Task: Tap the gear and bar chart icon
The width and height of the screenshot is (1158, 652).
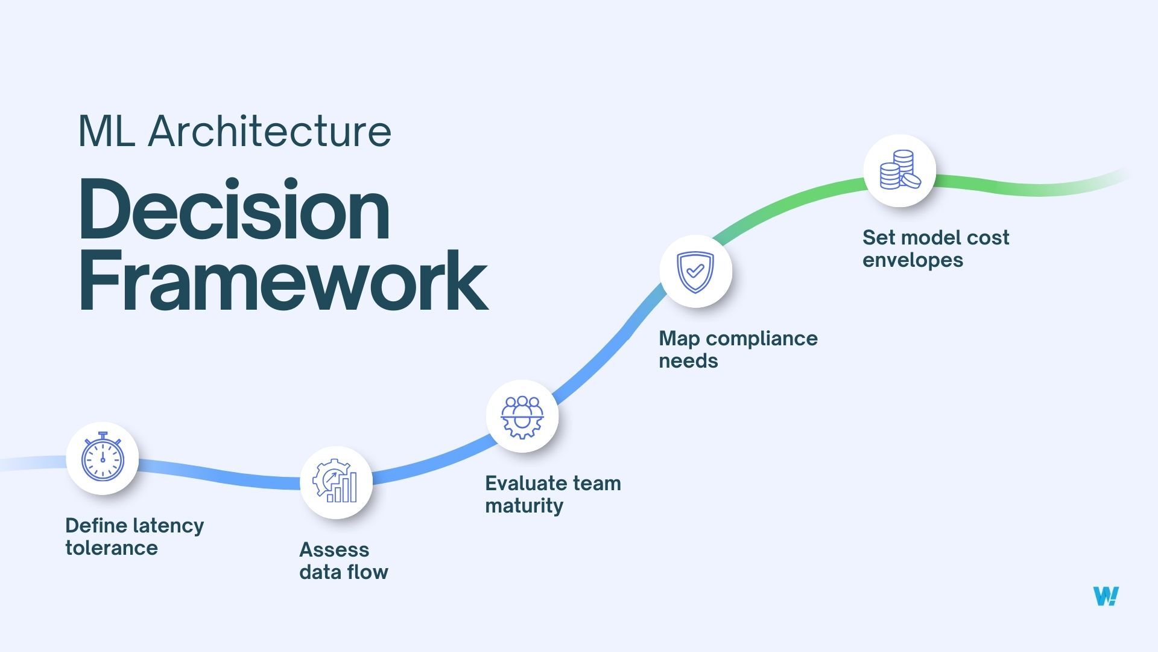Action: [x=335, y=482]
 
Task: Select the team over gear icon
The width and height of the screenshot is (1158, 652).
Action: [x=522, y=417]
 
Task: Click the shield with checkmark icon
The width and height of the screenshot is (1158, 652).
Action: [x=695, y=272]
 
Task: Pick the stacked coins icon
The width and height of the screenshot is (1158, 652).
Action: [x=899, y=170]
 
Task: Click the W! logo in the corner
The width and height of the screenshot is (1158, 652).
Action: [x=1106, y=596]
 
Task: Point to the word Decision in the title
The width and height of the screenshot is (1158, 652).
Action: [x=234, y=211]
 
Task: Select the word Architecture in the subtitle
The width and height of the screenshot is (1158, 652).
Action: [x=270, y=131]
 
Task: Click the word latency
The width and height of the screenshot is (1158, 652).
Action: [x=168, y=526]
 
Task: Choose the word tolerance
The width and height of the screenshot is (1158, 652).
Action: [x=112, y=548]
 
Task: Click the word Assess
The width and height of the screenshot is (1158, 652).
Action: [x=334, y=550]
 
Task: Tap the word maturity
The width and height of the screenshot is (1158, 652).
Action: [x=524, y=506]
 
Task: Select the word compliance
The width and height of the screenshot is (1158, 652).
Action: [x=762, y=339]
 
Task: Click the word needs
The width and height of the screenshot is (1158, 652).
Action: [x=688, y=361]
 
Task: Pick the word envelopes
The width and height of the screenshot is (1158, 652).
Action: [x=913, y=260]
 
